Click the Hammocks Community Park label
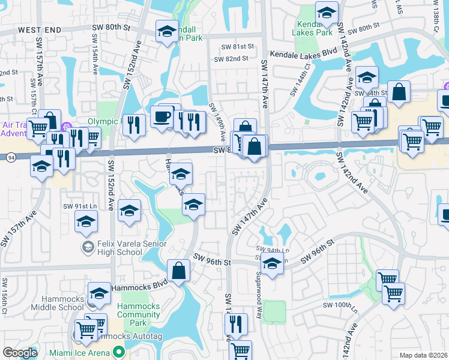(x=138, y=314)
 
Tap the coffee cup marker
(x=161, y=116)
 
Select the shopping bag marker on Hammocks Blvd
(x=178, y=270)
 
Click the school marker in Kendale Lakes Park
(x=327, y=12)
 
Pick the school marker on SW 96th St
(x=272, y=263)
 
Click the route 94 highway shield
(x=11, y=157)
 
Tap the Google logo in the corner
(x=20, y=352)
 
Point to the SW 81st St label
(x=238, y=46)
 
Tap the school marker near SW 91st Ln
(x=86, y=221)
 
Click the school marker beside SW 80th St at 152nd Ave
(x=166, y=31)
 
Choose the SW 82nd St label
(x=234, y=58)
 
